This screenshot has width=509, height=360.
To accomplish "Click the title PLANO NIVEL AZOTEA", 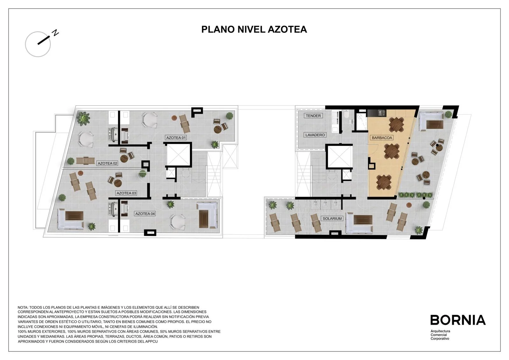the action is coord(254,30).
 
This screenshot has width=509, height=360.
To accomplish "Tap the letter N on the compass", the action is coord(55,33).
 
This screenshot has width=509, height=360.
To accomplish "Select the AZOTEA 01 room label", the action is coord(176,138).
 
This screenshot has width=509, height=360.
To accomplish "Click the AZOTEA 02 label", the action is coord(107,163).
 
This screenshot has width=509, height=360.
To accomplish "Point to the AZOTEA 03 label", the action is coord(126,193).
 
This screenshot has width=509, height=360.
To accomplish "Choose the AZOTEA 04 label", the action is coord(145,214).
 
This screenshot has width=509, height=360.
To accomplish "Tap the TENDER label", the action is coord(313,116).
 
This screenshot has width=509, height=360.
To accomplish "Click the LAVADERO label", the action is coord(315,135).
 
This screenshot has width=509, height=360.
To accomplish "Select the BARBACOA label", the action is coord(382,138).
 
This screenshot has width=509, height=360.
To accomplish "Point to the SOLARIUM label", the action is coord(332,219).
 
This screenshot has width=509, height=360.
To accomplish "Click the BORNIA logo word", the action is coord(458,320).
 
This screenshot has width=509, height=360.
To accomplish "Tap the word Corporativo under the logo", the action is coord(440,339).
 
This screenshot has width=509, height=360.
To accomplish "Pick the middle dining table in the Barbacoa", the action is coord(392,151).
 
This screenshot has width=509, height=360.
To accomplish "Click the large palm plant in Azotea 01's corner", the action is coord(83,118).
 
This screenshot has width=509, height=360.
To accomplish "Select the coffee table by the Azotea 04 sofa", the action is coord(204,219).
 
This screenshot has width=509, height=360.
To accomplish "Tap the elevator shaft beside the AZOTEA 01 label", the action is coord(178,154).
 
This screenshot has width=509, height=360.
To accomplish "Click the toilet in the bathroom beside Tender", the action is coord(346,114).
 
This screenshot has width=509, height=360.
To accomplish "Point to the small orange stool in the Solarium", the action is coord(409,205).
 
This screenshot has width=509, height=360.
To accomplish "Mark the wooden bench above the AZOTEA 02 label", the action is coord(85,160).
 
